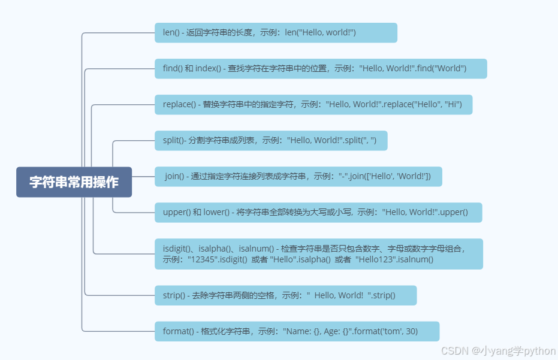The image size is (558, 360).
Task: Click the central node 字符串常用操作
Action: coord(74,182)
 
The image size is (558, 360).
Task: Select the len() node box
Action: coord(276,32)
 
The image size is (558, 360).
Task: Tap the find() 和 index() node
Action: coord(321,68)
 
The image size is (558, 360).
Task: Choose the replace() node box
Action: coord(313,104)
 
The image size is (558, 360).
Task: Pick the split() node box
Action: coord(271,140)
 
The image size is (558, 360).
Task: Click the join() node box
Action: coord(298,176)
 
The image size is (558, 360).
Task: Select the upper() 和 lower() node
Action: coord(318,212)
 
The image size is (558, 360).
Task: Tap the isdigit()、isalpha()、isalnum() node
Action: coord(318,254)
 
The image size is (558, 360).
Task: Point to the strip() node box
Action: coord(285,295)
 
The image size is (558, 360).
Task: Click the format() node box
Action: coord(297,331)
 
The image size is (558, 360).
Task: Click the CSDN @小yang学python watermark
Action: coord(498,351)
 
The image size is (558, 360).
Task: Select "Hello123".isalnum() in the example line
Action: coord(394,260)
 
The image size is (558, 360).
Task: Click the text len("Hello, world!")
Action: coord(320,32)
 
